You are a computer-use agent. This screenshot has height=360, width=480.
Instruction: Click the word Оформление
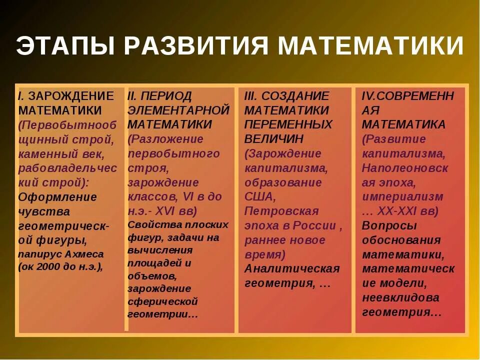pos(57,196)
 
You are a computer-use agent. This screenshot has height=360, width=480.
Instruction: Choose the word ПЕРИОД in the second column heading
pos(167,96)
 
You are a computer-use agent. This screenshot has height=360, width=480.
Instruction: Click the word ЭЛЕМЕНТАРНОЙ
pos(179,110)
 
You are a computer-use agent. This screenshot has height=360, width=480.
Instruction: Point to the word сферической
pos(162,301)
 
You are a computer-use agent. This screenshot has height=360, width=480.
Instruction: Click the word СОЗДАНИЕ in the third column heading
pos(295,96)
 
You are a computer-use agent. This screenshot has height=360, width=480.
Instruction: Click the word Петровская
pos(281,210)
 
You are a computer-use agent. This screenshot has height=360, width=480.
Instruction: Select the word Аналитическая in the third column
pos(292,268)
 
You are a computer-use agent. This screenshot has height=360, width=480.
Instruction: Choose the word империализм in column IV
pos(402,196)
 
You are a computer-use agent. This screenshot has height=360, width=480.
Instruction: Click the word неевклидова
pos(400,297)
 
